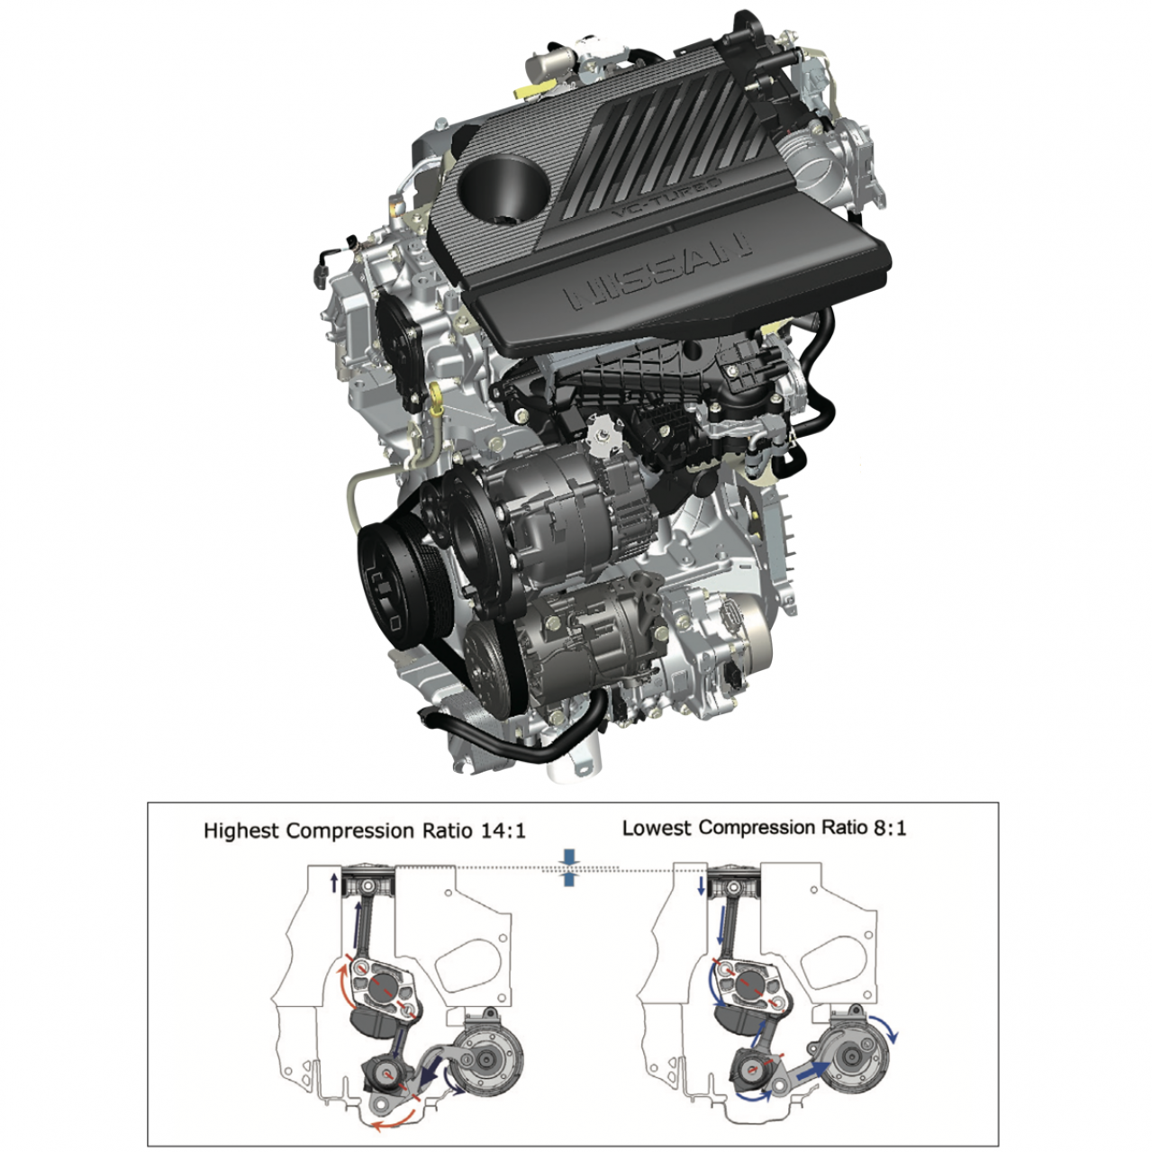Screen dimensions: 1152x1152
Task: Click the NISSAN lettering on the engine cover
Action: point(658,272)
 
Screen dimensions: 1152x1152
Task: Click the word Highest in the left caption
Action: point(242,831)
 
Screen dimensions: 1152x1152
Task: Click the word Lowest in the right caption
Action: point(657,828)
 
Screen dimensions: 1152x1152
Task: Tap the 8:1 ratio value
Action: point(889,828)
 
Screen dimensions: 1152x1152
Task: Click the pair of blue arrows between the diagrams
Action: point(568,868)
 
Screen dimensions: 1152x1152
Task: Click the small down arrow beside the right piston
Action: point(701,886)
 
